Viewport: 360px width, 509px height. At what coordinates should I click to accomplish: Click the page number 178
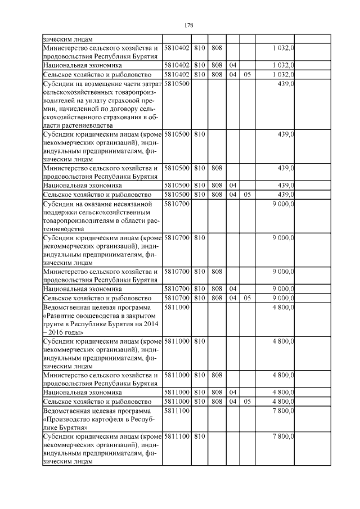coord(188,26)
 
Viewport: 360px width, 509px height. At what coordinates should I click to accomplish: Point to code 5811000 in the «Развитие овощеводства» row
coord(176,308)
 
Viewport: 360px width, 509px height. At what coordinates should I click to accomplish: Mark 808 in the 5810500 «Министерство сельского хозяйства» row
coord(217,168)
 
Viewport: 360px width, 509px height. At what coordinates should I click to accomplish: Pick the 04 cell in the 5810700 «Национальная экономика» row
coord(232,289)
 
